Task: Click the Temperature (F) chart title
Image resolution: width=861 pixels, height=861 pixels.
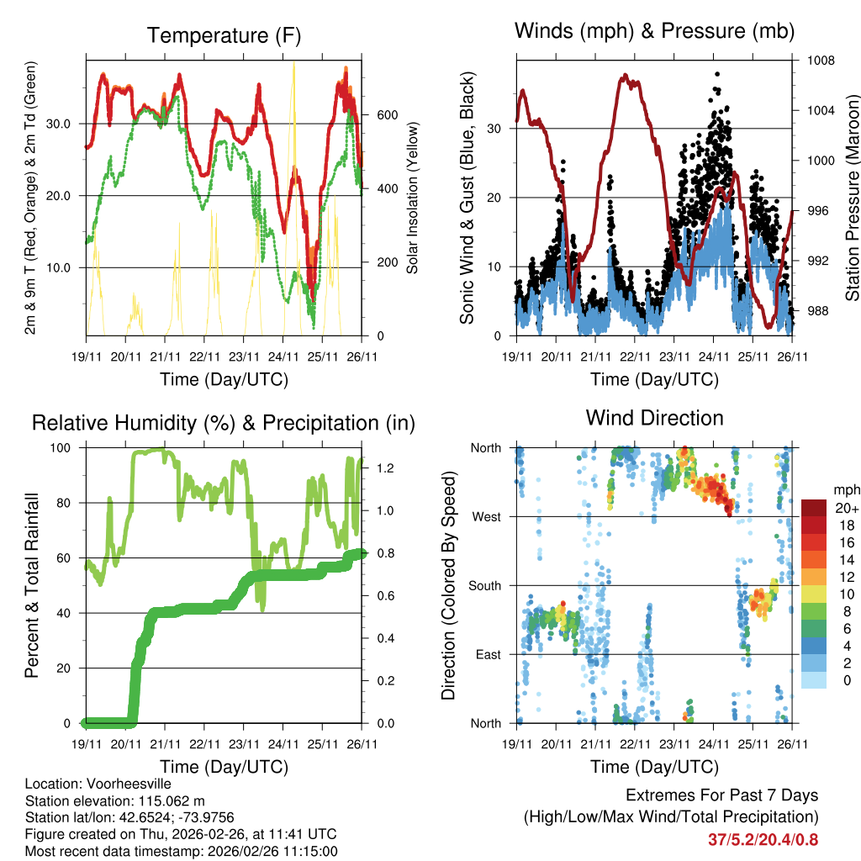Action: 224,35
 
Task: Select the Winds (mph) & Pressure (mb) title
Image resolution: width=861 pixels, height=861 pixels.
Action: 654,32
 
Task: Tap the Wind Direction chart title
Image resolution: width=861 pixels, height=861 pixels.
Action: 654,418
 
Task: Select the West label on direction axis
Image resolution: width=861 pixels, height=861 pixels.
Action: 487,516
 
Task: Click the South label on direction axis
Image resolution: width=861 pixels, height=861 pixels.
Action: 485,585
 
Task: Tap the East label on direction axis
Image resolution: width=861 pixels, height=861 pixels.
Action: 488,654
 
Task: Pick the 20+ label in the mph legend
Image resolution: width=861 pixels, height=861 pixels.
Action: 846,509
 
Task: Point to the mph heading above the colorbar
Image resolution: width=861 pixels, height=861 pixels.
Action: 846,489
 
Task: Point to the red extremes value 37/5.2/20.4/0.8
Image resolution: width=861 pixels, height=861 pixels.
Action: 763,839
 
